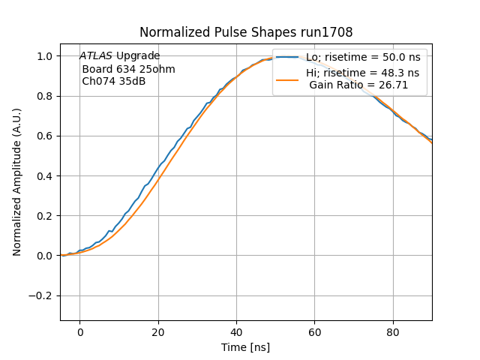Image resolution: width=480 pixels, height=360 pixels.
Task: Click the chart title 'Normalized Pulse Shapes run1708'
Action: pyautogui.click(x=246, y=32)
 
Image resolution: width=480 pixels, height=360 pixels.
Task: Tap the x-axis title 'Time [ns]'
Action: pyautogui.click(x=245, y=347)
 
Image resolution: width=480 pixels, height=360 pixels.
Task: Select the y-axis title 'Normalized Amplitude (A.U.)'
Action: pyautogui.click(x=17, y=182)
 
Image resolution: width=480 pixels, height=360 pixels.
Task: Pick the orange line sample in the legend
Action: pyautogui.click(x=287, y=79)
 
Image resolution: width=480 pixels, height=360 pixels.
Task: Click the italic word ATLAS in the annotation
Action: pyautogui.click(x=97, y=56)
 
